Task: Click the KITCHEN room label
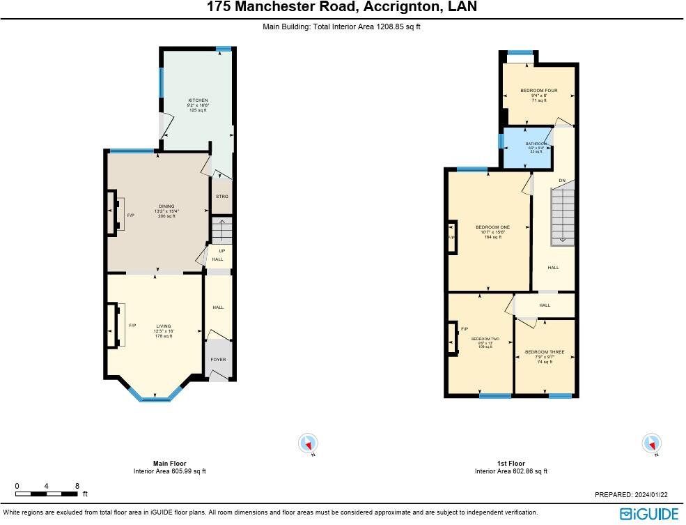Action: pyautogui.click(x=198, y=100)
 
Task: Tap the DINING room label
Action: pyautogui.click(x=166, y=206)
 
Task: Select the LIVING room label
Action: pyautogui.click(x=164, y=326)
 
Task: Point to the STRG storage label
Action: pyautogui.click(x=221, y=197)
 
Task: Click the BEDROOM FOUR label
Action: pyautogui.click(x=539, y=91)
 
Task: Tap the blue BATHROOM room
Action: pyautogui.click(x=527, y=148)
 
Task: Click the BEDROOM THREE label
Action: pyautogui.click(x=545, y=352)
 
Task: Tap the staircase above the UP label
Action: pyautogui.click(x=221, y=230)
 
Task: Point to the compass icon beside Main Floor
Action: pyautogui.click(x=308, y=443)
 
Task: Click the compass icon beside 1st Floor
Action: pyautogui.click(x=651, y=443)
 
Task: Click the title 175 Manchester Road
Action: pyautogui.click(x=342, y=8)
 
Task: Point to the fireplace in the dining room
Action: pyautogui.click(x=114, y=212)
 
